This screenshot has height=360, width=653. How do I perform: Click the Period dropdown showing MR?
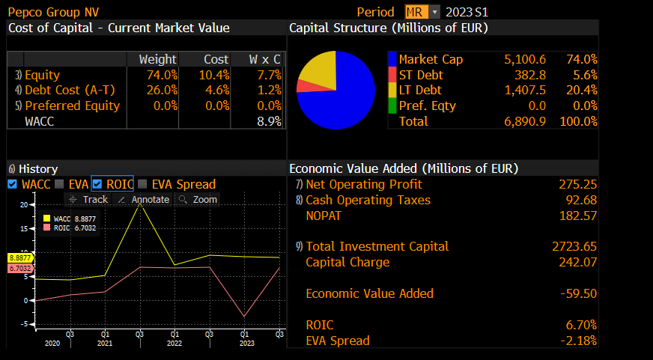point(422,12)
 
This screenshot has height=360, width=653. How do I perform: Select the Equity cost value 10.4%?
point(215,75)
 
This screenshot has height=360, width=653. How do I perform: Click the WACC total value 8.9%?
point(270,120)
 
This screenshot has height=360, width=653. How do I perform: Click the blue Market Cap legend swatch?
point(392,59)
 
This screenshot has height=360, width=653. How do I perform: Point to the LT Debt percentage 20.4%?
point(582,90)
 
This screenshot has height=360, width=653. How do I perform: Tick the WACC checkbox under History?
point(11,184)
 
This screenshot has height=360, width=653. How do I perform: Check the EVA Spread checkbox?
point(142,184)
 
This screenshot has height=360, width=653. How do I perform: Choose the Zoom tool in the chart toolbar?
point(198,199)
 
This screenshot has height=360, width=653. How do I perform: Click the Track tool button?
point(88,199)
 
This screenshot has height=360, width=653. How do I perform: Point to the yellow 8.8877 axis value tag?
point(20,257)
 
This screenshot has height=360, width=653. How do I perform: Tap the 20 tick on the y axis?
point(24,204)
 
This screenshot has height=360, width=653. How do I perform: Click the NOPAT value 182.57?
point(577,216)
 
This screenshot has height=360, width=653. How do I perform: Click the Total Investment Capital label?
point(377,246)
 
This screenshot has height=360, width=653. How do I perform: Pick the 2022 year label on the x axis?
point(173,343)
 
